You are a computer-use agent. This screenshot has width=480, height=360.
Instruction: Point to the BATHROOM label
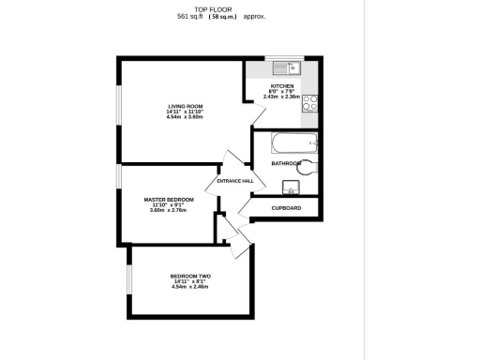click(286, 163)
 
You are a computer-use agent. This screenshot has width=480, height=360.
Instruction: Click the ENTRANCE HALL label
click(235, 181)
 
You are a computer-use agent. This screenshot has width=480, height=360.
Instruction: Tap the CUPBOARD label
click(286, 207)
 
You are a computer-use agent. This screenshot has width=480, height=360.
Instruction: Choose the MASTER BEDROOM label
click(169, 200)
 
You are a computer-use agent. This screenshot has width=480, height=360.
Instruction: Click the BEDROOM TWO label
click(190, 276)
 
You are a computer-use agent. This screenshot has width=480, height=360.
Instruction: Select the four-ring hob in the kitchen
click(309, 105)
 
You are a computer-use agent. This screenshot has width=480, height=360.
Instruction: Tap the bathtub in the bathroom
click(293, 143)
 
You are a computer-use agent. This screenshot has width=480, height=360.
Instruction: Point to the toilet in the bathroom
click(311, 167)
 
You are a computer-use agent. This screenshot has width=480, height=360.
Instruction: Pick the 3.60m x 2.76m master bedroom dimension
click(169, 211)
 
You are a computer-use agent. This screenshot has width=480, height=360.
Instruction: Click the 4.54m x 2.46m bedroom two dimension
click(190, 287)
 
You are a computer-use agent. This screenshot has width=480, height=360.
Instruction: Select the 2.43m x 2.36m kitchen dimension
click(283, 96)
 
